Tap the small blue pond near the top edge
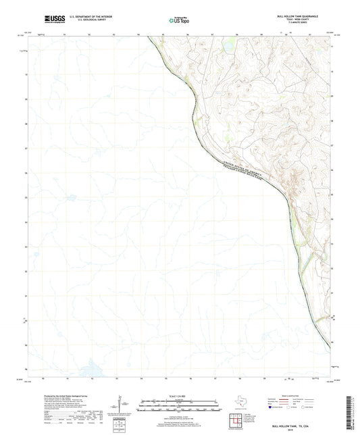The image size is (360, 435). (228, 48)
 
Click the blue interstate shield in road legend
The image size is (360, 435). (273, 407)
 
